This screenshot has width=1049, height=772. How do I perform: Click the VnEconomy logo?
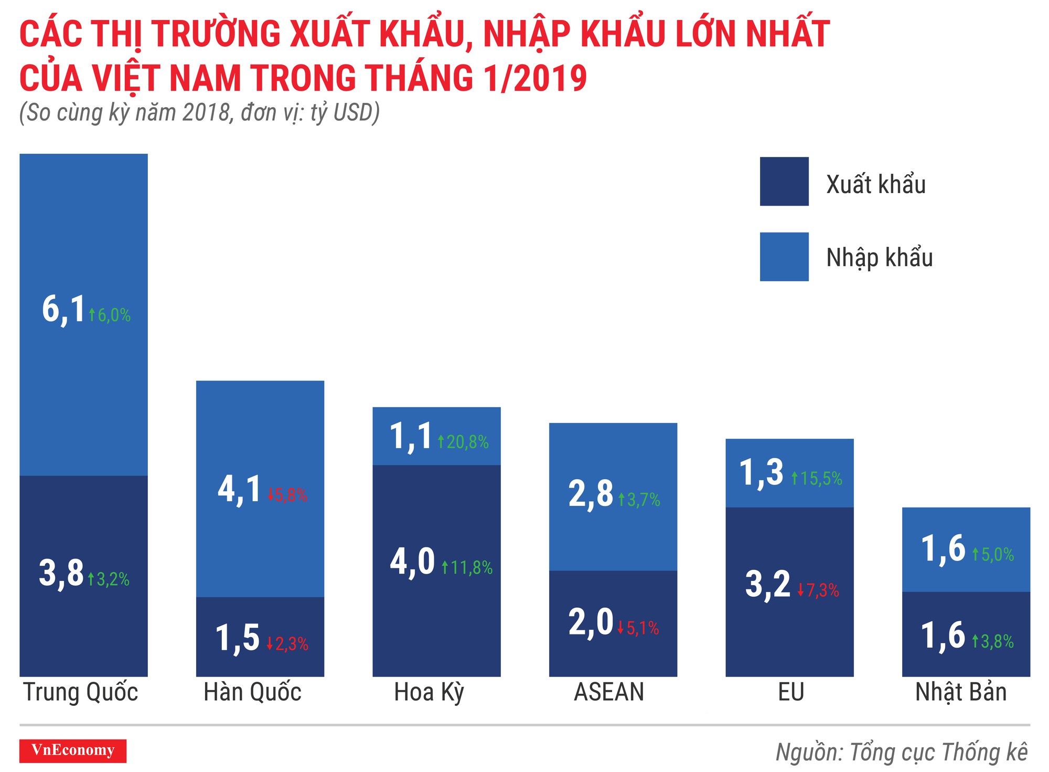click(73, 751)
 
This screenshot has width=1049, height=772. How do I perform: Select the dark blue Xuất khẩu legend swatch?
click(784, 182)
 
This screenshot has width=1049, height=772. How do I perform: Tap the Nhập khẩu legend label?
click(879, 258)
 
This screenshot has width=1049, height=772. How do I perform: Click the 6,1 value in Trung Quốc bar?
click(63, 309)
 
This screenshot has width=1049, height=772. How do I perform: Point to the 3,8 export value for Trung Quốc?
click(61, 573)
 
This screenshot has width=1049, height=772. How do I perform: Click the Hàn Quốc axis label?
click(252, 692)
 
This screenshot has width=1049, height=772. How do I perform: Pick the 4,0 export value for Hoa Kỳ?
click(412, 562)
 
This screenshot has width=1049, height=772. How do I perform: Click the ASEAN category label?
click(609, 692)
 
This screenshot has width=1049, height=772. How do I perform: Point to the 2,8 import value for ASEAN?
click(591, 494)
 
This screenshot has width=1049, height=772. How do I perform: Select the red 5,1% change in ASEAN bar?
click(638, 628)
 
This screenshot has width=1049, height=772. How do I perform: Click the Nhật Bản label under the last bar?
click(961, 692)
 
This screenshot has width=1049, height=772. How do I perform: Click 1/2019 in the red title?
click(534, 79)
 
